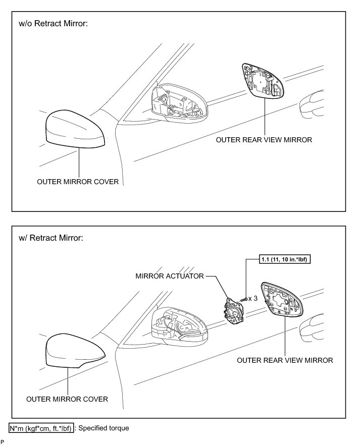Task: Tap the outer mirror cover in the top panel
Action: tap(75, 130)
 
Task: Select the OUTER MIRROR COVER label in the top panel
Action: tap(78, 182)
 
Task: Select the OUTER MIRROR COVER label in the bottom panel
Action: tap(67, 399)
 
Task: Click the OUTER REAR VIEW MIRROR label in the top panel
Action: tap(264, 140)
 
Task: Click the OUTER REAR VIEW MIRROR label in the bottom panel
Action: tap(285, 360)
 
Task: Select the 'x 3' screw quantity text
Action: tap(253, 298)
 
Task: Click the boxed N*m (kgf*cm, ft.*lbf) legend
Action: tap(41, 428)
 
